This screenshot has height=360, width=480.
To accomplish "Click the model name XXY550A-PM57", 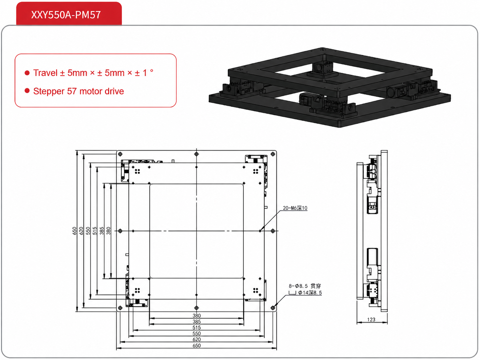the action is pos(66,15).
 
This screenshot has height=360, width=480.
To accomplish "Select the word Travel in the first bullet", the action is pos(45,73).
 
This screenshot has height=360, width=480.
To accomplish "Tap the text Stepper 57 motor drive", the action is pos(79,91).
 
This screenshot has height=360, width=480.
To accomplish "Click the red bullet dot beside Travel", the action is pos(27,73).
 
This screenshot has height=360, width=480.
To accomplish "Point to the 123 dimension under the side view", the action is pos(371,320).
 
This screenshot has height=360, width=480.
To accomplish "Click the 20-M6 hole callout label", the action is pos(295,208).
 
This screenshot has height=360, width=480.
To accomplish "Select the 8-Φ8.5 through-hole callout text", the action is pos(305,286).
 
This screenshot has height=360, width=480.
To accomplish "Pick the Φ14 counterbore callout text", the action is pos(310,293).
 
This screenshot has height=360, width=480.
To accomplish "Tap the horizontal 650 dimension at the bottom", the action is pos(197,345).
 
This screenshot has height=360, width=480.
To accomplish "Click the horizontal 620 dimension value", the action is pos(197,339).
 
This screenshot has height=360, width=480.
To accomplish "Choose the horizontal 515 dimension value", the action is pos(197,328).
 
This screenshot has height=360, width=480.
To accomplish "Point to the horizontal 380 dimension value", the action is pos(197,316).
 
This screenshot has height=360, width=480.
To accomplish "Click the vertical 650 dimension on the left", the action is pos(74,231).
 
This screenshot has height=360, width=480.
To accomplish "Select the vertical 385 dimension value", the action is pos(102,231).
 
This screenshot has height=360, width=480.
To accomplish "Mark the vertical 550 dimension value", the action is pos(88,231).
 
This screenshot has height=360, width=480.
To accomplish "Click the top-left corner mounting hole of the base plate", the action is pos(120,154).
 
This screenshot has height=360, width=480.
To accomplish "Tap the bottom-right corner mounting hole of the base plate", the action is pos(273,308).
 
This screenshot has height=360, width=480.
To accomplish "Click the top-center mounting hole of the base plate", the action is pos(196,154).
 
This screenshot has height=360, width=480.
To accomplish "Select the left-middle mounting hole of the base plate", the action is pos(120,231).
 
